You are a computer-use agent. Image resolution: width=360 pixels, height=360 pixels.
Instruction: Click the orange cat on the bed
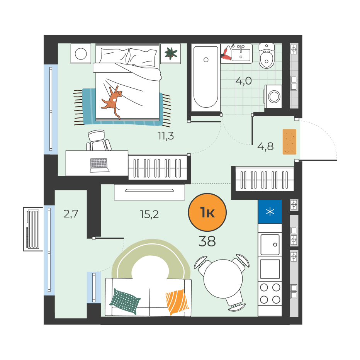pyautogui.click(x=112, y=101)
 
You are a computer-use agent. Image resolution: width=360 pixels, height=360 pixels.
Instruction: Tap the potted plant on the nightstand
pyautogui.click(x=171, y=53)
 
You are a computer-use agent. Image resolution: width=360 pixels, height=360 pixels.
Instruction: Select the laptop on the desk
pyautogui.click(x=99, y=165)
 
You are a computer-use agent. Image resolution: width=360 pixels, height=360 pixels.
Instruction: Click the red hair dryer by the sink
pyautogui.click(x=227, y=53)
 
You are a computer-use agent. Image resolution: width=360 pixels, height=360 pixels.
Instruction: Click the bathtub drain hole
pyautogui.click(x=206, y=60)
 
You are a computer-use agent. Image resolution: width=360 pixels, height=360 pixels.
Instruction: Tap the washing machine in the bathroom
pyautogui.click(x=273, y=97)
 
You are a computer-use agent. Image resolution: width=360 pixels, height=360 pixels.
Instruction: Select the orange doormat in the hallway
pyautogui.click(x=289, y=142)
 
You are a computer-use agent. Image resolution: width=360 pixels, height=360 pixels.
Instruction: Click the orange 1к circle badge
pyautogui.click(x=207, y=212)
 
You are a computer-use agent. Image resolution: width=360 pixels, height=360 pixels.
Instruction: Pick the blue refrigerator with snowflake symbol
pyautogui.click(x=270, y=211)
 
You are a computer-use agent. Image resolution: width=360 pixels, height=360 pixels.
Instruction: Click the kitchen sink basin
pyautogui.click(x=270, y=245)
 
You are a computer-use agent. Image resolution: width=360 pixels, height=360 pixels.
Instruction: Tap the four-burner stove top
pyautogui.click(x=270, y=294)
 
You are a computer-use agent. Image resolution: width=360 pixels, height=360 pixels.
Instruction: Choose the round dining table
pyautogui.click(x=223, y=279)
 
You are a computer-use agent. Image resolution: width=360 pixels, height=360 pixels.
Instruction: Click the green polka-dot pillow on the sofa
pyautogui.click(x=126, y=301)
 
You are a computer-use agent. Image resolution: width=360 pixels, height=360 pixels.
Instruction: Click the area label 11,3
pyautogui.click(x=166, y=136)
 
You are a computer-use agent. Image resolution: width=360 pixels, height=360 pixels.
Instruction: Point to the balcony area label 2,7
pyautogui.click(x=71, y=214)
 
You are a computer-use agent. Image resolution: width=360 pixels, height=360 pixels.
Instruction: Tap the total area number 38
pyautogui.click(x=207, y=241)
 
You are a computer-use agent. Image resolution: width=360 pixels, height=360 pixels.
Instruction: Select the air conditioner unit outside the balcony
pyautogui.click(x=33, y=229)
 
